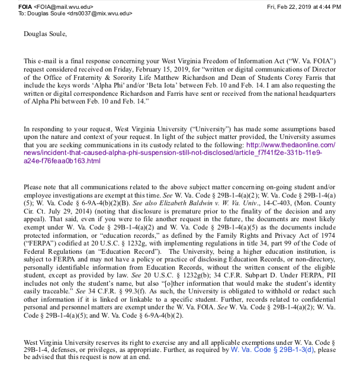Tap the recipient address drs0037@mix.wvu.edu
click(x=99, y=14)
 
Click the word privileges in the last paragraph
click(x=121, y=350)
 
